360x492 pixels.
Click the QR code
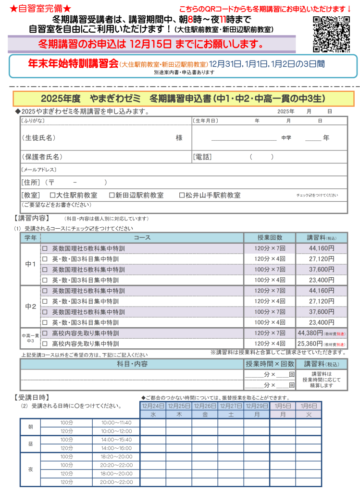pyautogui.click(x=332, y=34)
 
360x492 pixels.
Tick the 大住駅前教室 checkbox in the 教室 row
pyautogui.click(x=53, y=196)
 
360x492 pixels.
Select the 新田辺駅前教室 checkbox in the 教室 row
pyautogui.click(x=112, y=196)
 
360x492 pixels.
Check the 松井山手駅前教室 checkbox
pyautogui.click(x=182, y=196)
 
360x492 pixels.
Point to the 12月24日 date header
pyautogui.click(x=153, y=406)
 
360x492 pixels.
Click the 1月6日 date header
pyautogui.click(x=309, y=406)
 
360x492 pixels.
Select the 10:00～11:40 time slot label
pyautogui.click(x=116, y=422)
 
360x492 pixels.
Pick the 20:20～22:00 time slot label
pyautogui.click(x=116, y=465)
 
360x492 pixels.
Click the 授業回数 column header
pyautogui.click(x=270, y=238)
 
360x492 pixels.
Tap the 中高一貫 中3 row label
pyautogui.click(x=30, y=338)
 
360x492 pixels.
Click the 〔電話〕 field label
pyautogui.click(x=202, y=157)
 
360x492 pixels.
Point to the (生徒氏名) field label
pyautogui.click(x=38, y=138)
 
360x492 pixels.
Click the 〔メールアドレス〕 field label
pyautogui.click(x=39, y=170)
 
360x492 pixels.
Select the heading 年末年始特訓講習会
pyautogui.click(x=74, y=63)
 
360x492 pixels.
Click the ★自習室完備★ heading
pyautogui.click(x=40, y=9)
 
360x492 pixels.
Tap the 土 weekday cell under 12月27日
pyautogui.click(x=231, y=414)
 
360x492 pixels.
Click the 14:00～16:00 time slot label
pyautogui.click(x=116, y=448)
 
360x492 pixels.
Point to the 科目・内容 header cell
pyautogui.click(x=132, y=364)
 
